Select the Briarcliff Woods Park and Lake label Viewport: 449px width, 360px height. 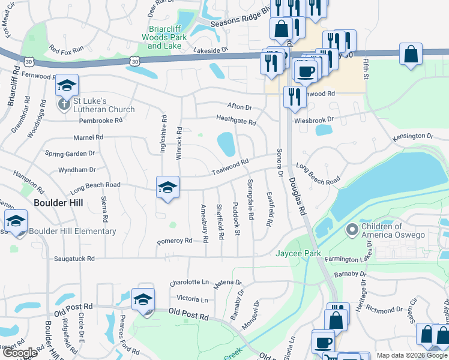pos(167,37)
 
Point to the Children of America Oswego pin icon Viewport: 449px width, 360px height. pos(352,230)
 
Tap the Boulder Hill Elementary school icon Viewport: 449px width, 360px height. pos(16,221)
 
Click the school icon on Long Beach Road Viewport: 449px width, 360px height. pos(167,187)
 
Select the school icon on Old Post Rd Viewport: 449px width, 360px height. pos(143,299)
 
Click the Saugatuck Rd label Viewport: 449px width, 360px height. pos(74,259)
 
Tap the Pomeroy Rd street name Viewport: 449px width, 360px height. pos(174,241)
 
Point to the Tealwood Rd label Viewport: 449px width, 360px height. pos(230,167)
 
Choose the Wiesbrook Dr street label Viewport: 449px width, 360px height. pos(313,120)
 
